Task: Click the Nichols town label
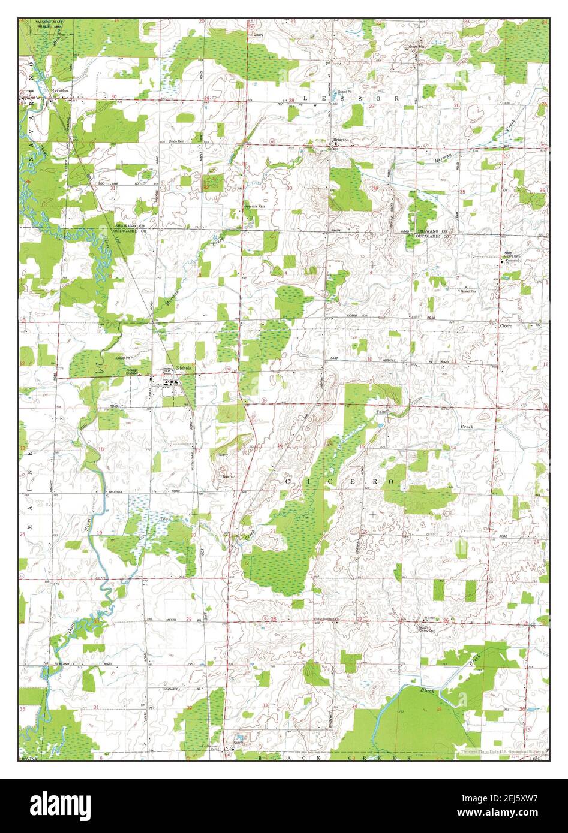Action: [184, 367]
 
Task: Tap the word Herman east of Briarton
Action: [441, 159]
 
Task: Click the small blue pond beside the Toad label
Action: [380, 427]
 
